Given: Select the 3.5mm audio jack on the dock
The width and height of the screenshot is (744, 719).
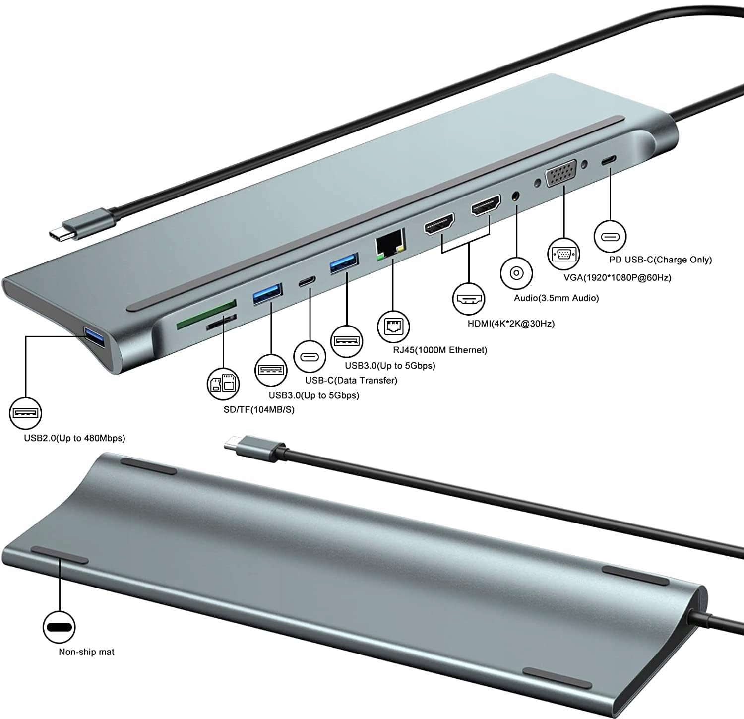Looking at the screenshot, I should [x=517, y=196].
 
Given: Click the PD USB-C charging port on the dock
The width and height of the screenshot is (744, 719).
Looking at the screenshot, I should [x=609, y=161].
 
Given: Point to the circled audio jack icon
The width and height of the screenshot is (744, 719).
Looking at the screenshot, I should [x=516, y=273].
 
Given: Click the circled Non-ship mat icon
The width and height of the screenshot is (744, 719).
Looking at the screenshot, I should [x=59, y=627].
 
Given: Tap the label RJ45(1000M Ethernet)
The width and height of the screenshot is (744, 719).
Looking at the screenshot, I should [x=440, y=350].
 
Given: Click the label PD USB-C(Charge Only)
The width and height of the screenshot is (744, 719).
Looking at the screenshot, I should [x=660, y=260].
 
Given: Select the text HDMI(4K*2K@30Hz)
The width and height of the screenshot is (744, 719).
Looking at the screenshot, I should [x=511, y=324].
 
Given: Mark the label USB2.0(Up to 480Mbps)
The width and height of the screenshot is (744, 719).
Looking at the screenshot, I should [x=74, y=438].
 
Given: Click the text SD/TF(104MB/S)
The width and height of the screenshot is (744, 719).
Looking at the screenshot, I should [x=259, y=410].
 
